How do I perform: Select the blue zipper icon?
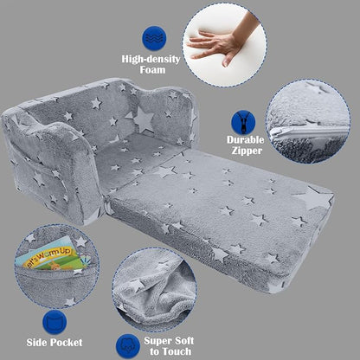pyautogui.click(x=243, y=123)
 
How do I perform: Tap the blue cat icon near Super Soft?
pyautogui.click(x=128, y=342)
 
